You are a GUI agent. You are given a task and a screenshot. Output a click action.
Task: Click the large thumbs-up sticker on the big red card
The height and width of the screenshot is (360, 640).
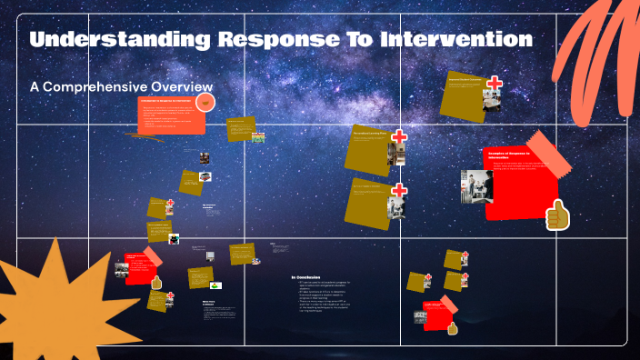[556, 216]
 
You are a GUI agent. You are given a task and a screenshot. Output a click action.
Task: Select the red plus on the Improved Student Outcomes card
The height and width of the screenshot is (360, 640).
[495, 84]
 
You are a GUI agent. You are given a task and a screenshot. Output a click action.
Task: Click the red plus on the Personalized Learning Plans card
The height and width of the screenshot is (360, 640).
[398, 139]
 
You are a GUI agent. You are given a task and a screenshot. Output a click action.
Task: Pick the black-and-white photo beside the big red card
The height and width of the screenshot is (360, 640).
[476, 186]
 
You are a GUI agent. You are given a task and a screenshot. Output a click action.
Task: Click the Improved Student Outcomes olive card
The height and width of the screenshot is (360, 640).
[465, 94]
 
